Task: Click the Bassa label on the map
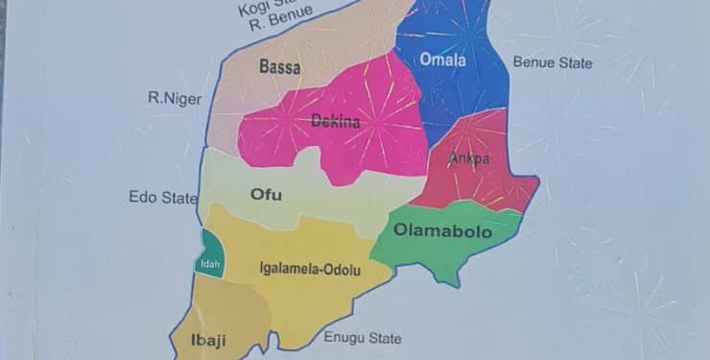pyautogui.click(x=279, y=67)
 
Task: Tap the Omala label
pyautogui.click(x=442, y=60)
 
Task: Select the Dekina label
pyautogui.click(x=336, y=122)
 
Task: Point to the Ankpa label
pyautogui.click(x=469, y=159)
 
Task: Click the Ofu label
pyautogui.click(x=266, y=195)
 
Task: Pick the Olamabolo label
pyautogui.click(x=442, y=231)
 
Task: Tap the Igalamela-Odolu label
pyautogui.click(x=310, y=270)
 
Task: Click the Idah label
pyautogui.click(x=209, y=264)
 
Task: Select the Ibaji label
pyautogui.click(x=193, y=341)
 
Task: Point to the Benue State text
pyautogui.click(x=553, y=63)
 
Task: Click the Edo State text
pyautogui.click(x=163, y=198)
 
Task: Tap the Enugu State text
pyautogui.click(x=362, y=338)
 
